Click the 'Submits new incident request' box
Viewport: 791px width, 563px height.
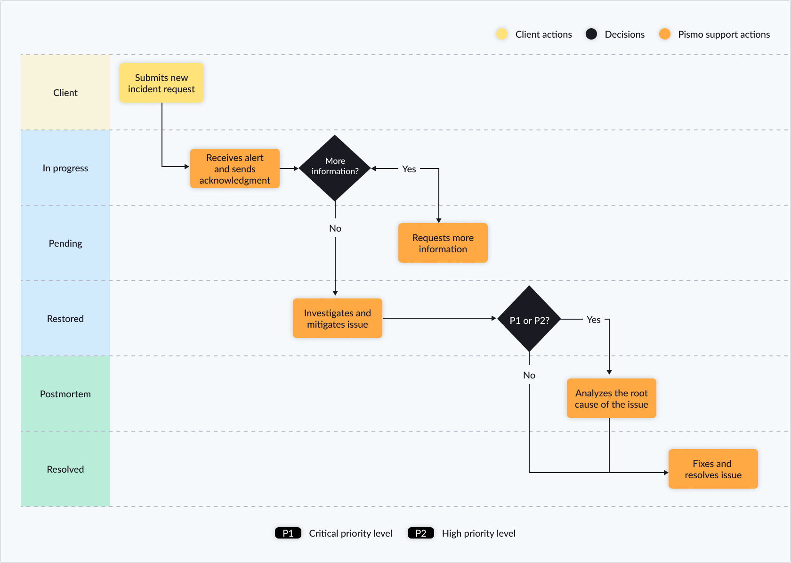(x=161, y=83)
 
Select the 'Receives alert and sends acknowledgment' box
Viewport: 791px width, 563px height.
(x=234, y=169)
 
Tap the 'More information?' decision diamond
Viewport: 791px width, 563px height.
(x=335, y=168)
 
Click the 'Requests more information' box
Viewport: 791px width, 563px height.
(x=443, y=243)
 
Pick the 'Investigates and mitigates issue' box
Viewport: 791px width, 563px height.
(x=337, y=318)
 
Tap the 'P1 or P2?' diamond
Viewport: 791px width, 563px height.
(x=529, y=319)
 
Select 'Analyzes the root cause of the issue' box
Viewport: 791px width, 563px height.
(x=611, y=398)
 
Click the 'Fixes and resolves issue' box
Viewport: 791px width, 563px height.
(x=713, y=469)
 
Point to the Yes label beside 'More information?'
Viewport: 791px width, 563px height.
(x=409, y=169)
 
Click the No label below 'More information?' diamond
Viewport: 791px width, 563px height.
(x=335, y=228)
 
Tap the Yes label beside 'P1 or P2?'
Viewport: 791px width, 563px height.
(x=593, y=320)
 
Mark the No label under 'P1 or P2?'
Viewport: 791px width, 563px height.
(x=529, y=375)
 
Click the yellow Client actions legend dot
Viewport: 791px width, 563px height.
(x=502, y=34)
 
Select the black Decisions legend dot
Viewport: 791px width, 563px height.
(x=591, y=34)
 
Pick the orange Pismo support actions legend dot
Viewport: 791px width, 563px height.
(x=664, y=34)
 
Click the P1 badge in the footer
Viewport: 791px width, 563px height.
(x=288, y=533)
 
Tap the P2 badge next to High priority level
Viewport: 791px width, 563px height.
(x=420, y=533)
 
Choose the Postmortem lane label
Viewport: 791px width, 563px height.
(x=65, y=394)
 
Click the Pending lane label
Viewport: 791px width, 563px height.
(x=65, y=243)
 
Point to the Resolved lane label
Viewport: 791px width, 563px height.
(x=65, y=469)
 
